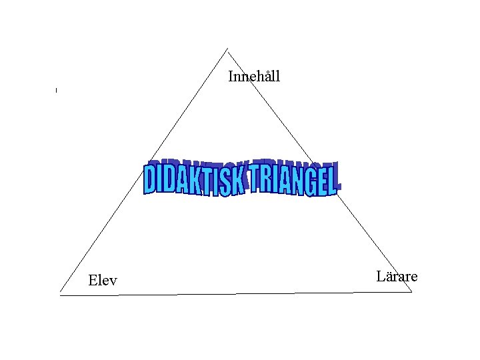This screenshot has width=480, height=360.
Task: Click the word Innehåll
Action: (254, 76)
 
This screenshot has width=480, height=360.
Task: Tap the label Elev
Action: (103, 281)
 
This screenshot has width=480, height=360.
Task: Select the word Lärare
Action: (397, 276)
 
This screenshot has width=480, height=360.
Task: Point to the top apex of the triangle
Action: (227, 48)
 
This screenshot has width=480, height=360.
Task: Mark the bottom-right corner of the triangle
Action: (412, 292)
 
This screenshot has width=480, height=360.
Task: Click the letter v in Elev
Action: (113, 281)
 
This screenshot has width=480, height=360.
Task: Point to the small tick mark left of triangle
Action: (57, 89)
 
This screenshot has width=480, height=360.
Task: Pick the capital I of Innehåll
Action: (231, 76)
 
